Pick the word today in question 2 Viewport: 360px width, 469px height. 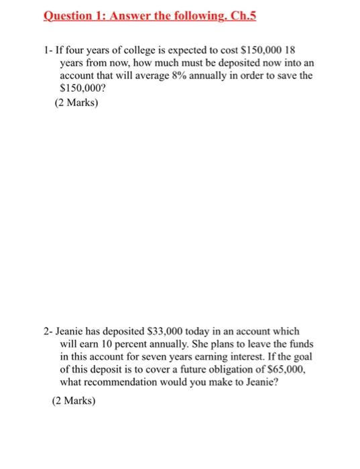coord(208,332)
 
